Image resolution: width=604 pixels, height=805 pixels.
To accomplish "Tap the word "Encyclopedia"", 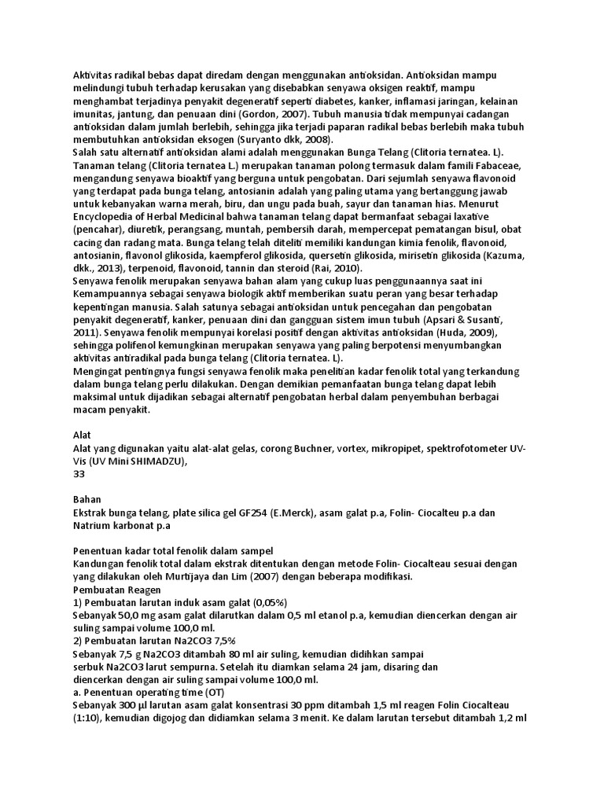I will [x=105, y=218].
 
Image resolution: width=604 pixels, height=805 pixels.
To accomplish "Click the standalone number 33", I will [x=79, y=474].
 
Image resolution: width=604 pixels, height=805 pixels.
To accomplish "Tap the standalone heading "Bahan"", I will [x=87, y=500].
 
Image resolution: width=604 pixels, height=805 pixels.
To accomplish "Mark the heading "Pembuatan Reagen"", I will [x=116, y=589].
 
